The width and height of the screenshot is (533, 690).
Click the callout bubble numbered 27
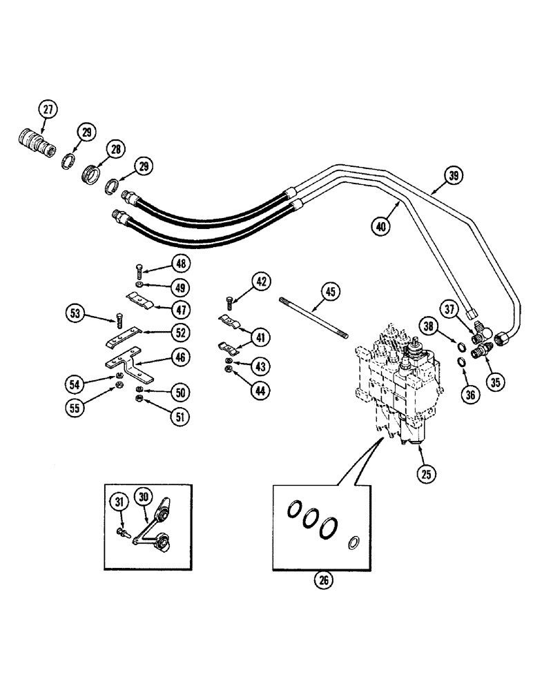point(48,109)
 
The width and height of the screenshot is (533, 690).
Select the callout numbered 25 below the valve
point(425,473)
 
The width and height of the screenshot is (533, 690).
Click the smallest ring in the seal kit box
point(354,543)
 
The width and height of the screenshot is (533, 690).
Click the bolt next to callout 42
point(229,302)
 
